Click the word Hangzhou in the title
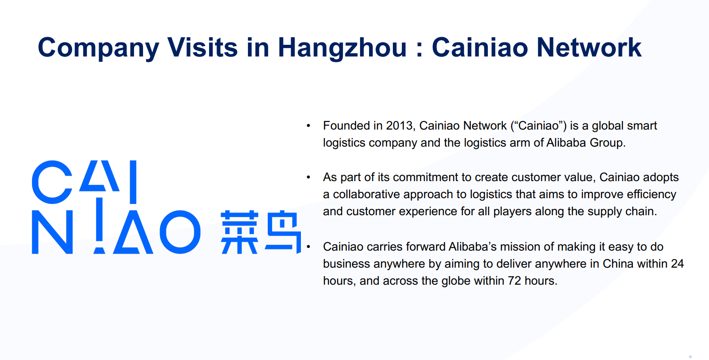(x=342, y=48)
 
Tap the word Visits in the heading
(x=202, y=47)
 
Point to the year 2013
(x=400, y=126)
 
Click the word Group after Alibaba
(x=608, y=143)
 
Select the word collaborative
(x=366, y=194)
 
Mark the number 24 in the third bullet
(x=677, y=264)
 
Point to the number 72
(x=514, y=281)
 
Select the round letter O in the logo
(x=180, y=232)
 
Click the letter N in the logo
(x=52, y=232)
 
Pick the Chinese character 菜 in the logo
(x=239, y=232)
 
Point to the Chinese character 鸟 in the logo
(x=283, y=232)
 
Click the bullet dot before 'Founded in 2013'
(x=308, y=126)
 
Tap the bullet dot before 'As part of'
(x=308, y=178)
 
